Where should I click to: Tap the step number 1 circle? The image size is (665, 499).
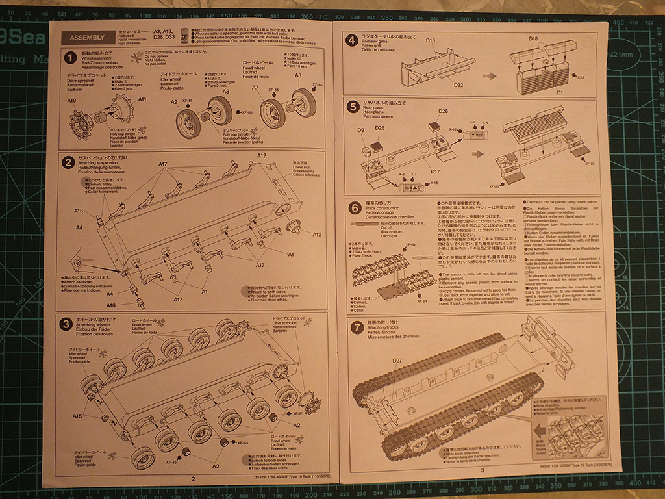point(71,58)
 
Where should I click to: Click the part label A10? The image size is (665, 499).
point(71,101)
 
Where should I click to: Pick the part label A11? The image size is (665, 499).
point(142,99)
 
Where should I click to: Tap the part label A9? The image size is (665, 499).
point(175,102)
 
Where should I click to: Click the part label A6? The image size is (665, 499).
point(297,75)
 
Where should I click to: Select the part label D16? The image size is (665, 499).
point(431,42)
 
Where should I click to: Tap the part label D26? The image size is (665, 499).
point(444,112)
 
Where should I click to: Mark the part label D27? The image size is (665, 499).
point(397,361)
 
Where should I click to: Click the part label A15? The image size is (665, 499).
point(77,416)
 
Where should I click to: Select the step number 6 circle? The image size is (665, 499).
point(354,209)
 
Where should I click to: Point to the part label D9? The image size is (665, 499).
point(361,130)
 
